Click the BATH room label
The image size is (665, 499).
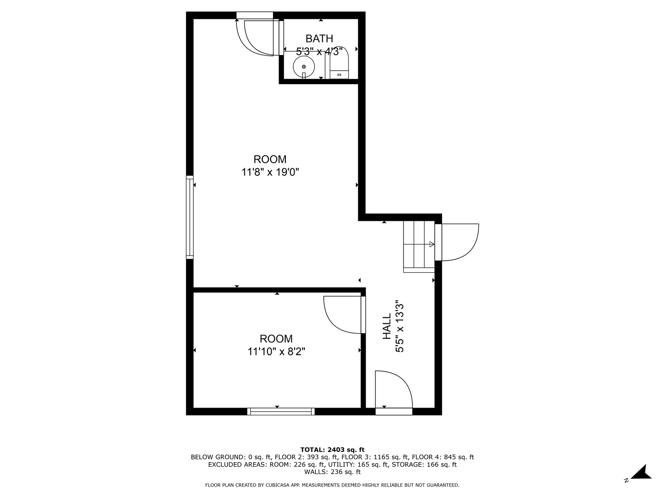pyautogui.click(x=319, y=38)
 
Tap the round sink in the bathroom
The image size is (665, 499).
pyautogui.click(x=304, y=67)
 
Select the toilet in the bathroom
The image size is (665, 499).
pyautogui.click(x=340, y=65)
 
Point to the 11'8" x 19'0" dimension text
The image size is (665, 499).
pyautogui.click(x=270, y=172)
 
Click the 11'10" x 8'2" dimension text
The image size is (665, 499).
pyautogui.click(x=276, y=352)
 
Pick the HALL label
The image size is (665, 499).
pyautogui.click(x=387, y=326)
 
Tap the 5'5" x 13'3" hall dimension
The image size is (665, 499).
pyautogui.click(x=399, y=326)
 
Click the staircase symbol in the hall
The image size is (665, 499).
pyautogui.click(x=419, y=244)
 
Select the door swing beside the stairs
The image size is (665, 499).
pyautogui.click(x=459, y=242)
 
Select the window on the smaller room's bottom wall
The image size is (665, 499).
pyautogui.click(x=281, y=411)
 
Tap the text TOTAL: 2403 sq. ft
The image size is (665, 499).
pyautogui.click(x=332, y=450)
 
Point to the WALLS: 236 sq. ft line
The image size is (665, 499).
pyautogui.click(x=332, y=472)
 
